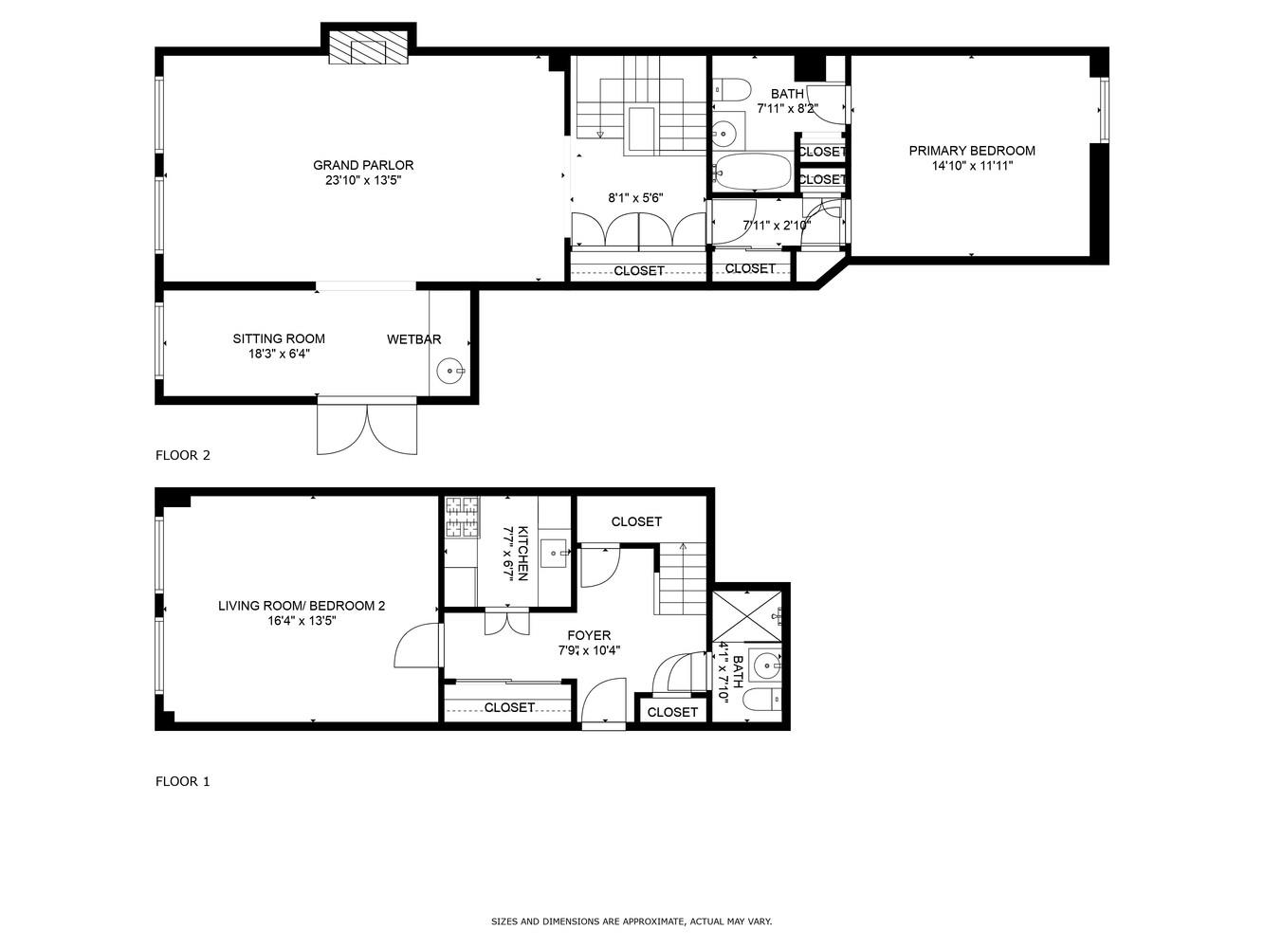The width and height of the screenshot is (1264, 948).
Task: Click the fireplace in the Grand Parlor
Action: (x=369, y=49)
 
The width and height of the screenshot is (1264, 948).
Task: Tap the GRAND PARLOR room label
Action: (x=363, y=165)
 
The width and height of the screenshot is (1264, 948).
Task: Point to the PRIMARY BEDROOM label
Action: (x=972, y=151)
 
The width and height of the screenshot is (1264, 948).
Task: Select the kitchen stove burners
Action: (x=463, y=519)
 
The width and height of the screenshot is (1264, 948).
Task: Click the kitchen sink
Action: (x=554, y=552)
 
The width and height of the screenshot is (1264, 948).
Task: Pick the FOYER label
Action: (x=589, y=635)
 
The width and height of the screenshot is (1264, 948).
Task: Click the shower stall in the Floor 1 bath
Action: (x=747, y=617)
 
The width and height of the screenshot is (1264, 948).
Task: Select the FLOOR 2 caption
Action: (x=182, y=455)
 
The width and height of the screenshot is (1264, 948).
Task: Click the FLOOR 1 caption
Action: (x=182, y=781)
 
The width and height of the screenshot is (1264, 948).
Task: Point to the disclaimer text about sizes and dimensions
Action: (x=632, y=921)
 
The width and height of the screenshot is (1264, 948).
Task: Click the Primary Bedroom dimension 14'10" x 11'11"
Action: (x=972, y=166)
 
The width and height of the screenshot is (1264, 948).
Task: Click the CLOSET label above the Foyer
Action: (x=636, y=521)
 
